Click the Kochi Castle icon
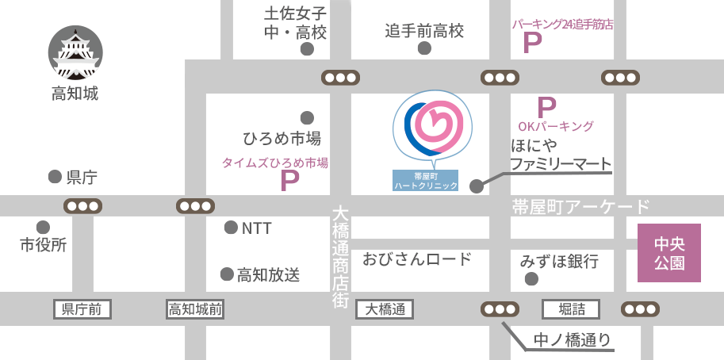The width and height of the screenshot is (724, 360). [75, 53]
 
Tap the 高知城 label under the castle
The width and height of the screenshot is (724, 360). [75, 94]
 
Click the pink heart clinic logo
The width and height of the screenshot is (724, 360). [432, 127]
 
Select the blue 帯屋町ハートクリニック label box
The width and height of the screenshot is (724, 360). [426, 180]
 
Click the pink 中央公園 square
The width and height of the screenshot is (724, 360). [669, 253]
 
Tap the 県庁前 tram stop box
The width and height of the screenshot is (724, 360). [82, 309]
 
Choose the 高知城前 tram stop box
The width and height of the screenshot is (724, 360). [195, 309]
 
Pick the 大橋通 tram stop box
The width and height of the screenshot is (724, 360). [386, 309]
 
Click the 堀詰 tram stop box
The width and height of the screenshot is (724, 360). [570, 309]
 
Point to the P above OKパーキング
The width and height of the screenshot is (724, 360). [546, 107]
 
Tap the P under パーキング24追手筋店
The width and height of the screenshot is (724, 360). [532, 43]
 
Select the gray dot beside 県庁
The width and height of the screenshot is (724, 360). [55, 176]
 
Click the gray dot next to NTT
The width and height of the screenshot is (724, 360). [231, 228]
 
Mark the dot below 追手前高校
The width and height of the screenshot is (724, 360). [425, 48]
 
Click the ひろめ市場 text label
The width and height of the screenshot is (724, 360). [282, 139]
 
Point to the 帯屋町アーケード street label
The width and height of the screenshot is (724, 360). [580, 208]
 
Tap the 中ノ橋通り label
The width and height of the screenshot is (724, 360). [572, 340]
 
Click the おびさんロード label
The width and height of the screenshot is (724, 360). [417, 259]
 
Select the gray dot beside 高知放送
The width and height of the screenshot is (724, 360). [226, 274]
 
